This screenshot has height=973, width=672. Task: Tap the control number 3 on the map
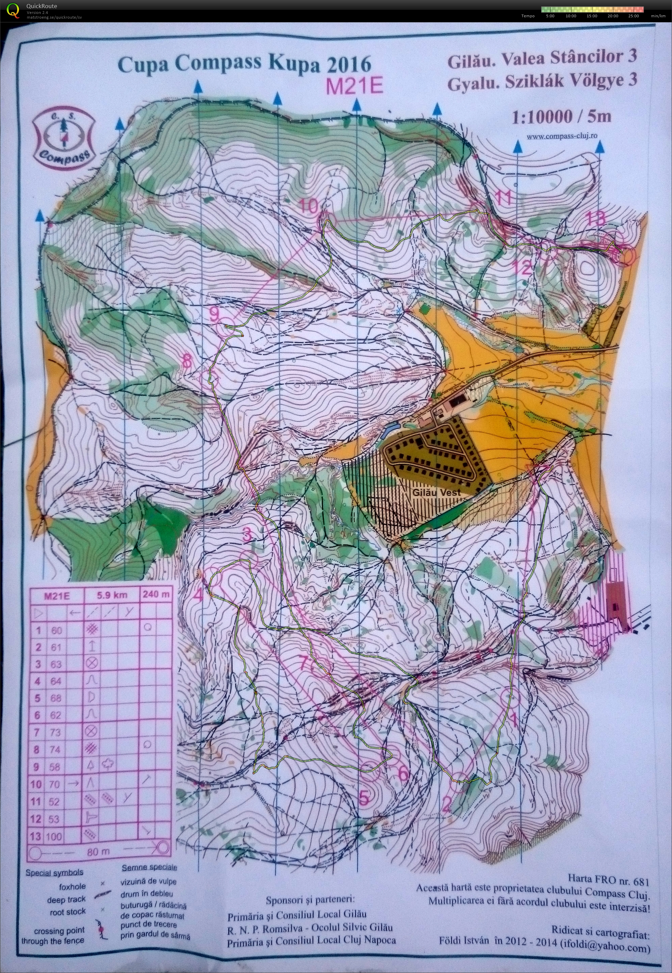pos(248,535)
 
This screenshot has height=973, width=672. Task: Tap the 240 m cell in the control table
pos(156,595)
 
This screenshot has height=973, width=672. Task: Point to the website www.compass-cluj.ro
pos(562,136)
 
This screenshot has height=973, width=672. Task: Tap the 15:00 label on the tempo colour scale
pos(592,16)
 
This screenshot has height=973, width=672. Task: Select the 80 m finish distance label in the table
pos(98,852)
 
